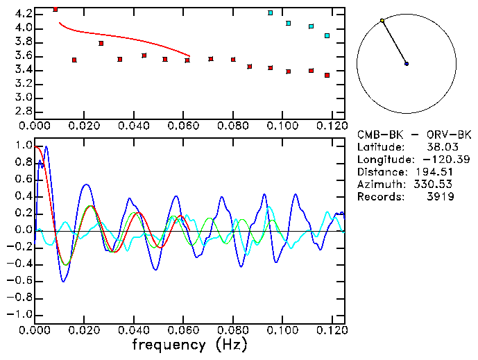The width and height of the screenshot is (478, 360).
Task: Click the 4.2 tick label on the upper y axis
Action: [x=24, y=14]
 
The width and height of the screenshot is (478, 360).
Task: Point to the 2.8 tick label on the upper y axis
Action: [x=24, y=111]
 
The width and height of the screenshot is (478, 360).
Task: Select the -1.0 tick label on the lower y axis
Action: [x=19, y=314]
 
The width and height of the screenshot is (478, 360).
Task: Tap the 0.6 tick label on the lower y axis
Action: [x=24, y=180]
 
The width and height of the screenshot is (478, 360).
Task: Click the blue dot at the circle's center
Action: [x=407, y=64]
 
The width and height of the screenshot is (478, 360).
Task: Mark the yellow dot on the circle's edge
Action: [x=382, y=21]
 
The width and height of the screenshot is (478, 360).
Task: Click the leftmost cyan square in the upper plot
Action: [x=271, y=13]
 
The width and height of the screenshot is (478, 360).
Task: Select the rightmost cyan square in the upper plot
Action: [x=327, y=35]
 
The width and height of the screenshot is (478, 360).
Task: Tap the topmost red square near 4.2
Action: [x=56, y=10]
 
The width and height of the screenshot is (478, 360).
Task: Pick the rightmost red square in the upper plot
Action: [x=327, y=75]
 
